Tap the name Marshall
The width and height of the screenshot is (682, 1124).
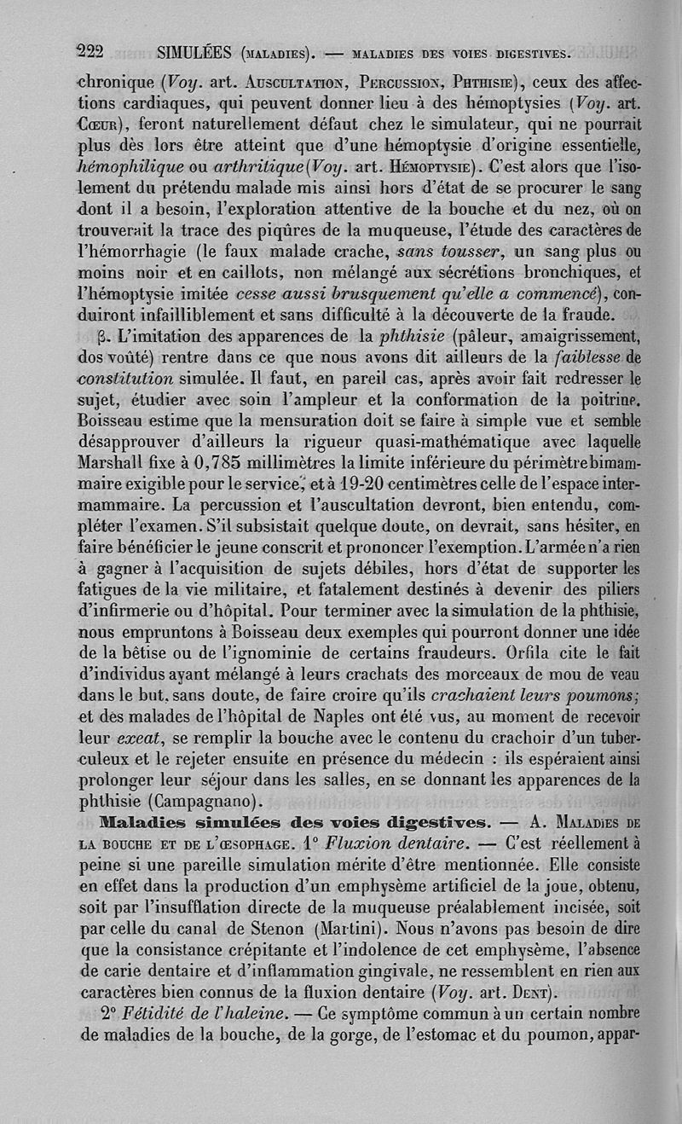click(117, 462)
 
